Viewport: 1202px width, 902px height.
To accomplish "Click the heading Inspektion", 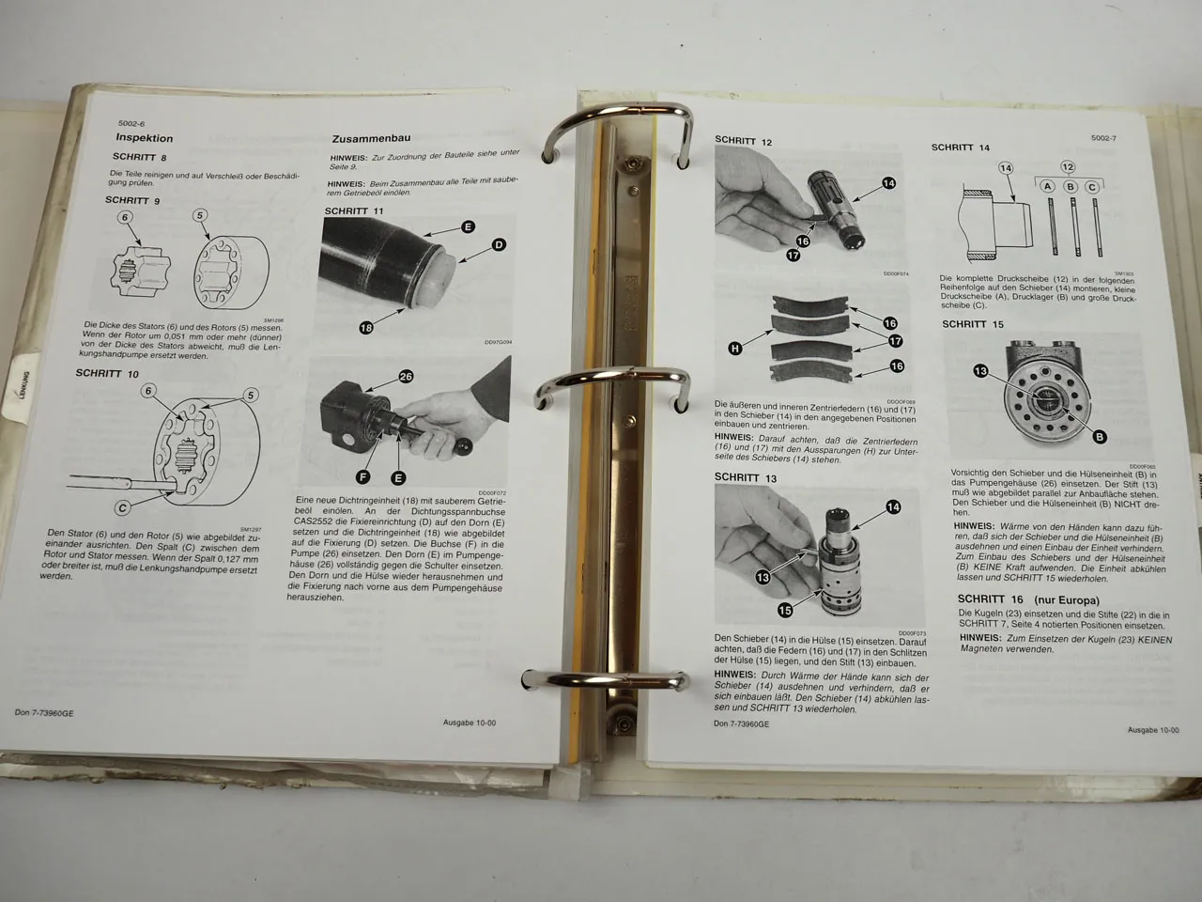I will coord(145,138).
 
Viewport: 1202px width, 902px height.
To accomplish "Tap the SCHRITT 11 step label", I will coord(354,210).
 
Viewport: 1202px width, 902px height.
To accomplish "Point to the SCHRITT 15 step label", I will coord(973,324).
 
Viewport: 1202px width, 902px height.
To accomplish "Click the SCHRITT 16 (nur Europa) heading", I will coord(1027,599).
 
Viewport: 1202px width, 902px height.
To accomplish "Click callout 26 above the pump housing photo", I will coord(406,376).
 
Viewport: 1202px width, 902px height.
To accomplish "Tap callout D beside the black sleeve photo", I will coord(499,245).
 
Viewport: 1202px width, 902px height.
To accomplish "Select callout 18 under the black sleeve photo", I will coord(367,327).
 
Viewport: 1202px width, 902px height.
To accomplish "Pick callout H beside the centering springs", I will coord(735,349).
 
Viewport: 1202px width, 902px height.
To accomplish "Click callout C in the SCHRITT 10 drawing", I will coord(122,508).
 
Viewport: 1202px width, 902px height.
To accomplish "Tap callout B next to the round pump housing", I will coord(1100,437).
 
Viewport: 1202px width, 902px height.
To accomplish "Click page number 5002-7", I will coord(1102,138).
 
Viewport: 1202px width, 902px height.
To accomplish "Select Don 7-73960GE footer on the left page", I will coord(46,712).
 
